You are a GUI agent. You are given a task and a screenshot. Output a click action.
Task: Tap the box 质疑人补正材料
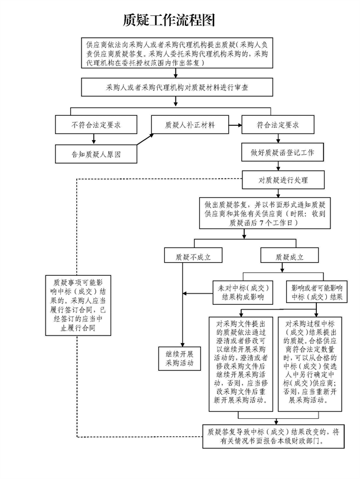pos(189,125)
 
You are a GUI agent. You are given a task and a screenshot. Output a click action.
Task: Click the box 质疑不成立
pos(186,258)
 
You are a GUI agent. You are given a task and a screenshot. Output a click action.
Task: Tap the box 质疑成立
pos(290,258)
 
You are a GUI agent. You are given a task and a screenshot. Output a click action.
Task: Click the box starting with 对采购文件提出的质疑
pos(241,361)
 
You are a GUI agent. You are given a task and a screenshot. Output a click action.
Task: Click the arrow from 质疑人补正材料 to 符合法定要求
pos(233,125)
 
